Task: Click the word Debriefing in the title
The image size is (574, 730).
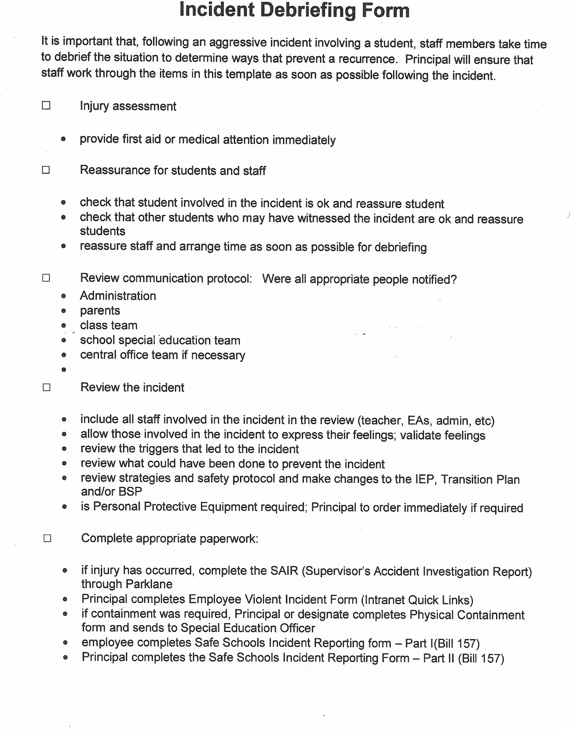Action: (x=308, y=10)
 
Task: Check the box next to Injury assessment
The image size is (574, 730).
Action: (x=46, y=106)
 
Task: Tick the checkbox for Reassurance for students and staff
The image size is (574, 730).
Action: (x=46, y=170)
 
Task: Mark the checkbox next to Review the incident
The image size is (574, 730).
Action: (x=47, y=388)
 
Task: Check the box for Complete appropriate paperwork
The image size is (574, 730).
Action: (x=47, y=539)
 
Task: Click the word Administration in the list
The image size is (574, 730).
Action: (x=118, y=296)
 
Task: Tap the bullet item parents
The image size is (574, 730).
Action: (x=100, y=311)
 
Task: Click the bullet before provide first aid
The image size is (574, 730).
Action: (x=63, y=139)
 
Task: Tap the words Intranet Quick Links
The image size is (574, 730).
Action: (x=418, y=600)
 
